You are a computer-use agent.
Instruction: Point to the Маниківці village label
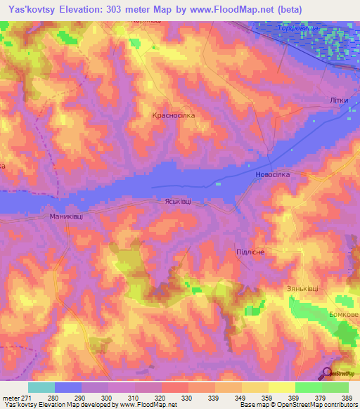tap(66, 216)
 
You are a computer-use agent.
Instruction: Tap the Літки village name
tap(339, 100)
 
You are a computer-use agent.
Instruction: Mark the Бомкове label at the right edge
tap(344, 313)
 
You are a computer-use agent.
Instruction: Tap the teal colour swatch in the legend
tap(41, 387)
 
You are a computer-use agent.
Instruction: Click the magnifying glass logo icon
tap(328, 374)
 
